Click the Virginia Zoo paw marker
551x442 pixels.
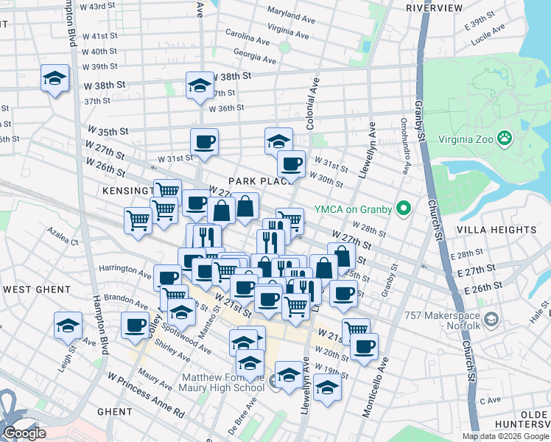tap(505, 137)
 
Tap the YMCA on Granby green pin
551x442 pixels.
tap(402, 210)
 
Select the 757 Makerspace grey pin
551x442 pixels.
tap(492, 320)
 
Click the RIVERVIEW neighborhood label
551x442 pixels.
tap(433, 7)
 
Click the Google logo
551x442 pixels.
tap(24, 433)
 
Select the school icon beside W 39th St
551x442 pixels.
tap(54, 79)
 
